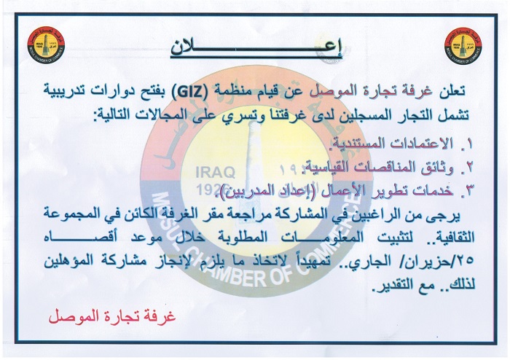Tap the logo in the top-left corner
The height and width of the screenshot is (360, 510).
[x=46, y=44]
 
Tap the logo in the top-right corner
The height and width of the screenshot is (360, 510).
[x=463, y=45]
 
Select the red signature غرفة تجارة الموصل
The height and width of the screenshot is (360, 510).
[x=112, y=316]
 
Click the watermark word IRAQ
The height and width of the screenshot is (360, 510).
[x=216, y=173]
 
